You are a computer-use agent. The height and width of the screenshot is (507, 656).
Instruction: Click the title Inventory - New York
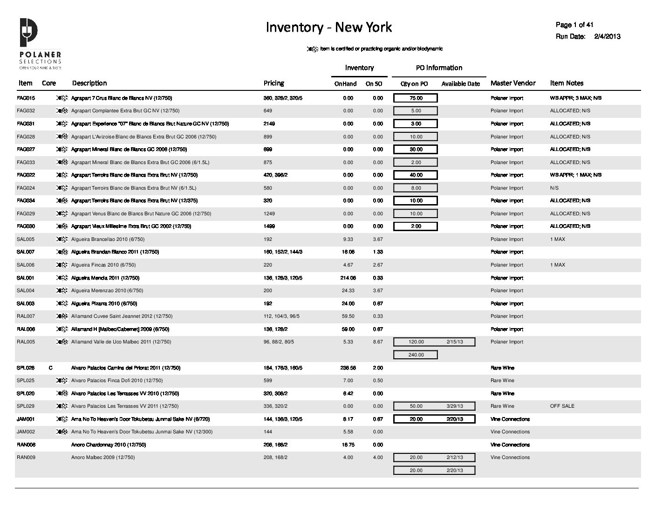pos(328,27)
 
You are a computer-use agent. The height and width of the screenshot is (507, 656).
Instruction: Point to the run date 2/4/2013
pos(607,36)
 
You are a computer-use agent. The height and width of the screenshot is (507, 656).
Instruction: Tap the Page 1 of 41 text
pos(574,25)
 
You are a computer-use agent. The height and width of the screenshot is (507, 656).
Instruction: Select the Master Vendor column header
pos(513,83)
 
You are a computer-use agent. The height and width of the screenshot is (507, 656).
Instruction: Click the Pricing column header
pos(273,83)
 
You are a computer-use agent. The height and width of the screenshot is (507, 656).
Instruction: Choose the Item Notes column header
pos(566,83)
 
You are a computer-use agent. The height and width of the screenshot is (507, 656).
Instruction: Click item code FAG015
pos(26,98)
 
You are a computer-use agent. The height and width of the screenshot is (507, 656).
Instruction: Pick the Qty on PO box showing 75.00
pos(416,98)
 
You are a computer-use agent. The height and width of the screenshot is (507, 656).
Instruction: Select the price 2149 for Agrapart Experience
pos(269,124)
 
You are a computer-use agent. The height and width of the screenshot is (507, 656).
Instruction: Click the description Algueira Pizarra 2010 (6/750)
pos(104,304)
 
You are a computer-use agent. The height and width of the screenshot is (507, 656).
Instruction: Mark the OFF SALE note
pos(562,406)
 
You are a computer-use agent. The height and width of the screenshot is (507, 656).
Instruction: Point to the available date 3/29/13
pos(454,406)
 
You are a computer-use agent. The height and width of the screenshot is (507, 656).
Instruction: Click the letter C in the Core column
pos(50,368)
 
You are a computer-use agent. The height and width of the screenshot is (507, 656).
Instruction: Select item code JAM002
pos(26,432)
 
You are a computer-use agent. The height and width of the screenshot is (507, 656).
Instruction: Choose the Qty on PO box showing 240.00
pos(416,355)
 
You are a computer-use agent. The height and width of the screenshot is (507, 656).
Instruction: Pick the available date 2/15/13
pos(454,342)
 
